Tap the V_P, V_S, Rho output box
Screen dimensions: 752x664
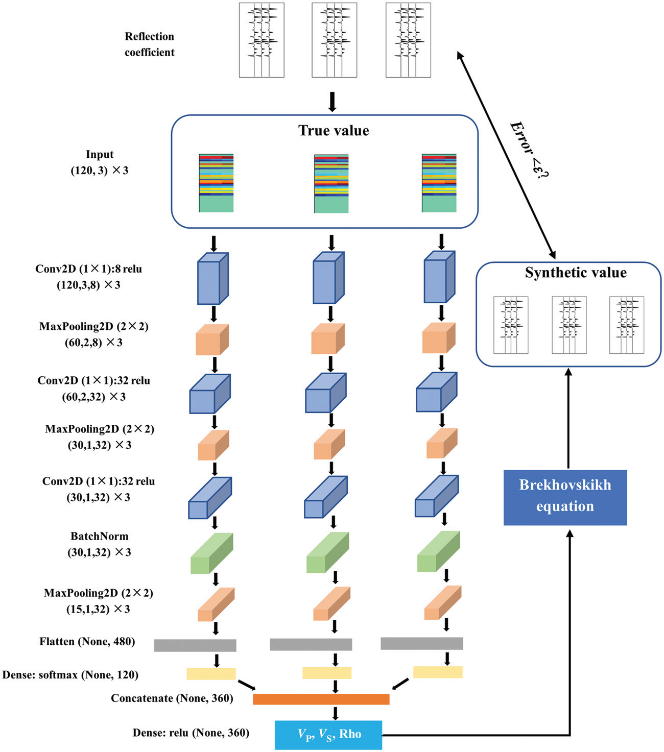coord(328,735)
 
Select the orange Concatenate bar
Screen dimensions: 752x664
coord(321,699)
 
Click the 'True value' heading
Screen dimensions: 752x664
coord(334,131)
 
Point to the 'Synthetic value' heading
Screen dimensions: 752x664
coord(576,273)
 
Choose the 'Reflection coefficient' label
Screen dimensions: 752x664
coord(150,44)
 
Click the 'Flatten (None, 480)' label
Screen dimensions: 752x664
coord(87,641)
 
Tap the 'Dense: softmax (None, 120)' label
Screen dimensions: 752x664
coord(70,674)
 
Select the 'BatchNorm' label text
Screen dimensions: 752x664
coord(100,536)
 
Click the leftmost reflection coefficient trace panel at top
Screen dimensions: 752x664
coord(262,40)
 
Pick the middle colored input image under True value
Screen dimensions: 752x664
coord(331,183)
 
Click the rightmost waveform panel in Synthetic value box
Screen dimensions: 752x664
coord(627,325)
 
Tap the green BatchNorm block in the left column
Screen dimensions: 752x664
coord(211,553)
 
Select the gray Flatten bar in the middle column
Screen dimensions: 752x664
coord(311,644)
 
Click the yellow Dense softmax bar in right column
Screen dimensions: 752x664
coord(438,672)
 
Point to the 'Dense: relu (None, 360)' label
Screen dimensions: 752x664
coord(191,733)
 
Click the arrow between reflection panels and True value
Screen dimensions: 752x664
coord(332,102)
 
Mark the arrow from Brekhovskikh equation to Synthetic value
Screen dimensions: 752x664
coord(568,419)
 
